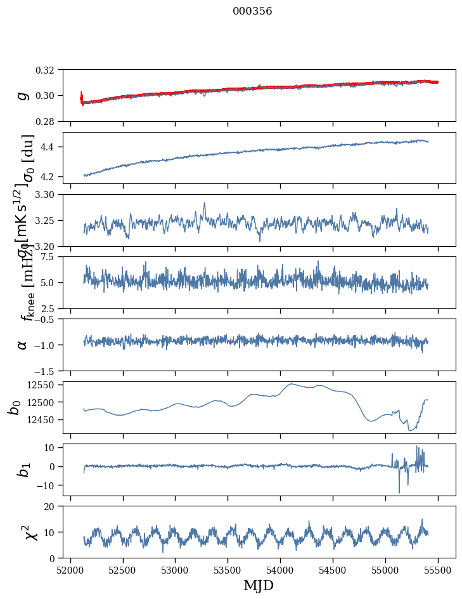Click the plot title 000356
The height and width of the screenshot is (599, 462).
pyautogui.click(x=252, y=11)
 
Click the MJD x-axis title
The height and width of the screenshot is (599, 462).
pyautogui.click(x=259, y=585)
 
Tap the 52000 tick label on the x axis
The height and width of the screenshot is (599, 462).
pyautogui.click(x=70, y=570)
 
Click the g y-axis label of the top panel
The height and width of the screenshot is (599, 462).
pyautogui.click(x=23, y=95)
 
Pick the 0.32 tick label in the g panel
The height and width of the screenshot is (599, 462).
pyautogui.click(x=49, y=70)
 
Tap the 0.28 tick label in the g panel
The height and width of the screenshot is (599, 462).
pyautogui.click(x=49, y=121)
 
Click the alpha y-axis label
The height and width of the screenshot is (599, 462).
pyautogui.click(x=23, y=344)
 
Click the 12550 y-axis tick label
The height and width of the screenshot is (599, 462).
pyautogui.click(x=45, y=385)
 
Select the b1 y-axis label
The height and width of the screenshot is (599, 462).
pyautogui.click(x=23, y=470)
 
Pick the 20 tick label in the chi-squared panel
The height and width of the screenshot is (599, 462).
pyautogui.click(x=53, y=506)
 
